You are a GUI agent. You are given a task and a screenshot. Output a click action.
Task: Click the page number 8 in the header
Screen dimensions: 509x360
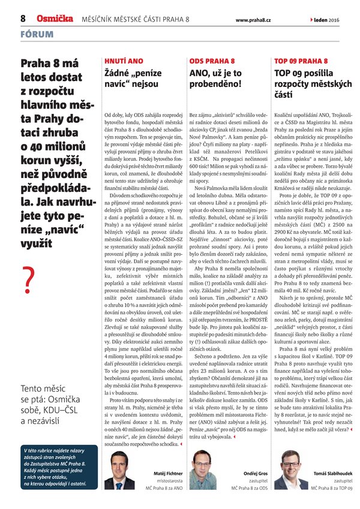point(22,19)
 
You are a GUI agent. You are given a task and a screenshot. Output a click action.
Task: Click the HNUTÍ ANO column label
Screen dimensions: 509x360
point(123,61)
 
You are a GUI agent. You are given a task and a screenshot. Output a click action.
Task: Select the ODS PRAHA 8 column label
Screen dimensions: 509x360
point(212,61)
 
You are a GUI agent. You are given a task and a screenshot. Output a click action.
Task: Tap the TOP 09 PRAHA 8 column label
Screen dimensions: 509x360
point(301,61)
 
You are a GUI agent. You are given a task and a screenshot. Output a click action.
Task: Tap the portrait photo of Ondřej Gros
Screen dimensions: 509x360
point(206,469)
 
